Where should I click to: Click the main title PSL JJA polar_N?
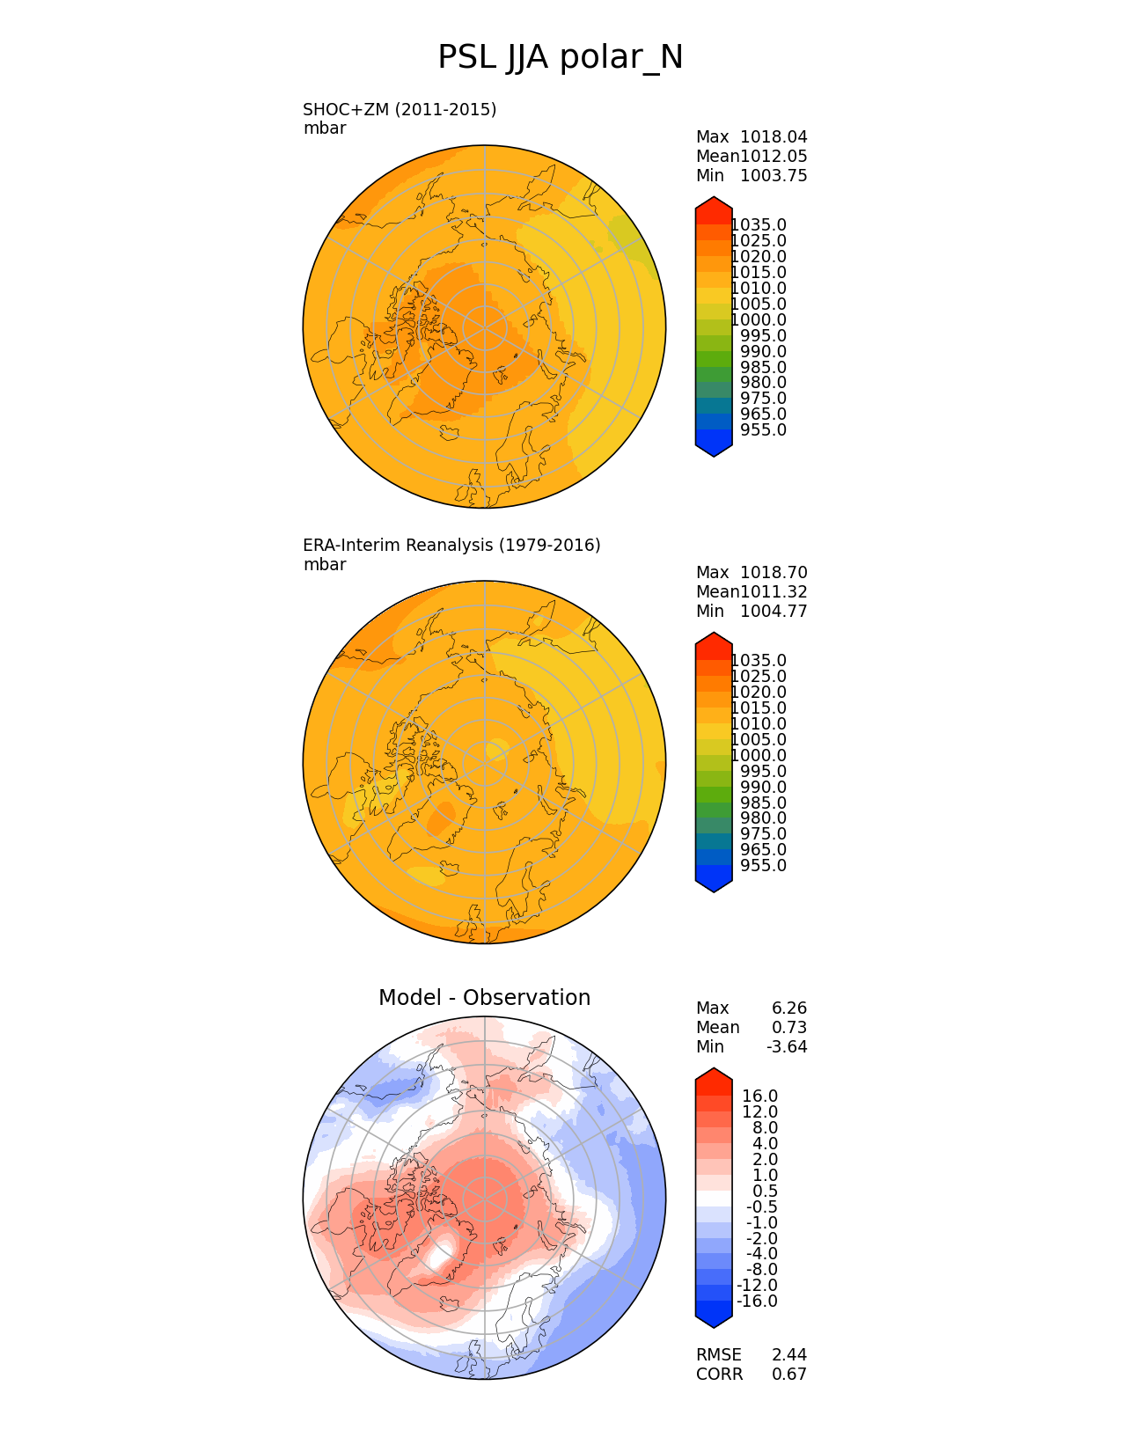(x=560, y=57)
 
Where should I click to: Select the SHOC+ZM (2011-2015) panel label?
(x=400, y=110)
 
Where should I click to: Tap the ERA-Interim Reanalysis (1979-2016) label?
(x=451, y=546)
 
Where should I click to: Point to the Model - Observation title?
(x=485, y=998)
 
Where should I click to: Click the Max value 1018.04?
(x=774, y=137)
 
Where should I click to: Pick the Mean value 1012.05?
(x=774, y=157)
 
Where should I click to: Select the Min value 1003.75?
(x=774, y=176)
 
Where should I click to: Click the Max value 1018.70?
(x=774, y=573)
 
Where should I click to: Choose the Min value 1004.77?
(x=774, y=612)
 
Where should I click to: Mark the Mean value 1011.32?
(x=774, y=592)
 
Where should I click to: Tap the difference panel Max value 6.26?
(x=789, y=1008)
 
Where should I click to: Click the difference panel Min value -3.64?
(x=787, y=1047)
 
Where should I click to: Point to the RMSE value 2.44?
(x=789, y=1354)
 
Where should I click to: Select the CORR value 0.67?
(x=789, y=1374)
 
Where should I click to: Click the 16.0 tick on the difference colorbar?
(x=759, y=1096)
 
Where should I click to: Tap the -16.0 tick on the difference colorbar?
(x=757, y=1301)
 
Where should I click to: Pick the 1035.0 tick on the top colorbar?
(x=759, y=225)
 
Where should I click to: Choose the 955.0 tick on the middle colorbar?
(x=763, y=865)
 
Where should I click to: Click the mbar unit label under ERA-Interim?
(x=325, y=565)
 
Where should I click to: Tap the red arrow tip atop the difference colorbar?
(x=714, y=1067)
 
